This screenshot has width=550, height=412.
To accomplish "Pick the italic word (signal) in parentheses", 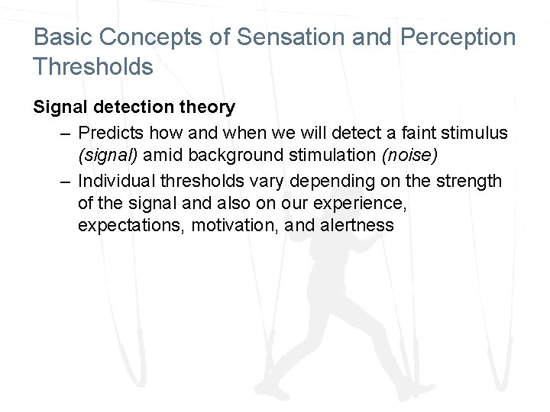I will pos(108,156).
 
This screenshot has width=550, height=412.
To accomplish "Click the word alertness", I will pos(358,227).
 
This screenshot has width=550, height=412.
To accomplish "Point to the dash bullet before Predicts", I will pos(67,134).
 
